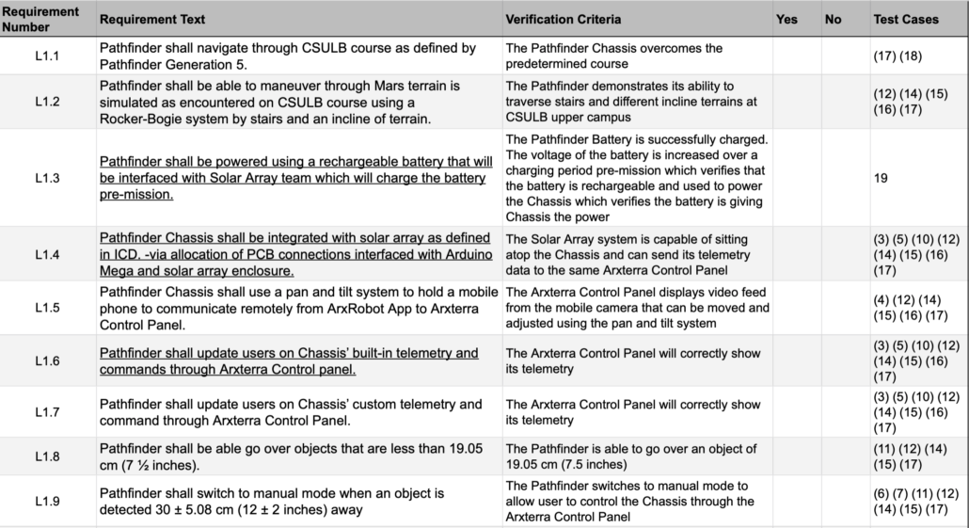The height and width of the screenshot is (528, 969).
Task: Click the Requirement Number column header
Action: (x=46, y=19)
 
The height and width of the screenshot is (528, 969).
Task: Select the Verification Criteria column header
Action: (x=563, y=19)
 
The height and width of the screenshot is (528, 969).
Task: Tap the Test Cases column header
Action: (x=906, y=19)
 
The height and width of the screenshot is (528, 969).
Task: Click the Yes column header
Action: (x=786, y=19)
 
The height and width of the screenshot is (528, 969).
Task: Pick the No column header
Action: (x=833, y=19)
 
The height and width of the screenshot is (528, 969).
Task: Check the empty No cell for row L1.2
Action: (x=845, y=102)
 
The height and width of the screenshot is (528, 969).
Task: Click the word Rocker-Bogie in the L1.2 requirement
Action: (x=140, y=118)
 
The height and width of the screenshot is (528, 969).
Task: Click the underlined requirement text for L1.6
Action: (x=288, y=361)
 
